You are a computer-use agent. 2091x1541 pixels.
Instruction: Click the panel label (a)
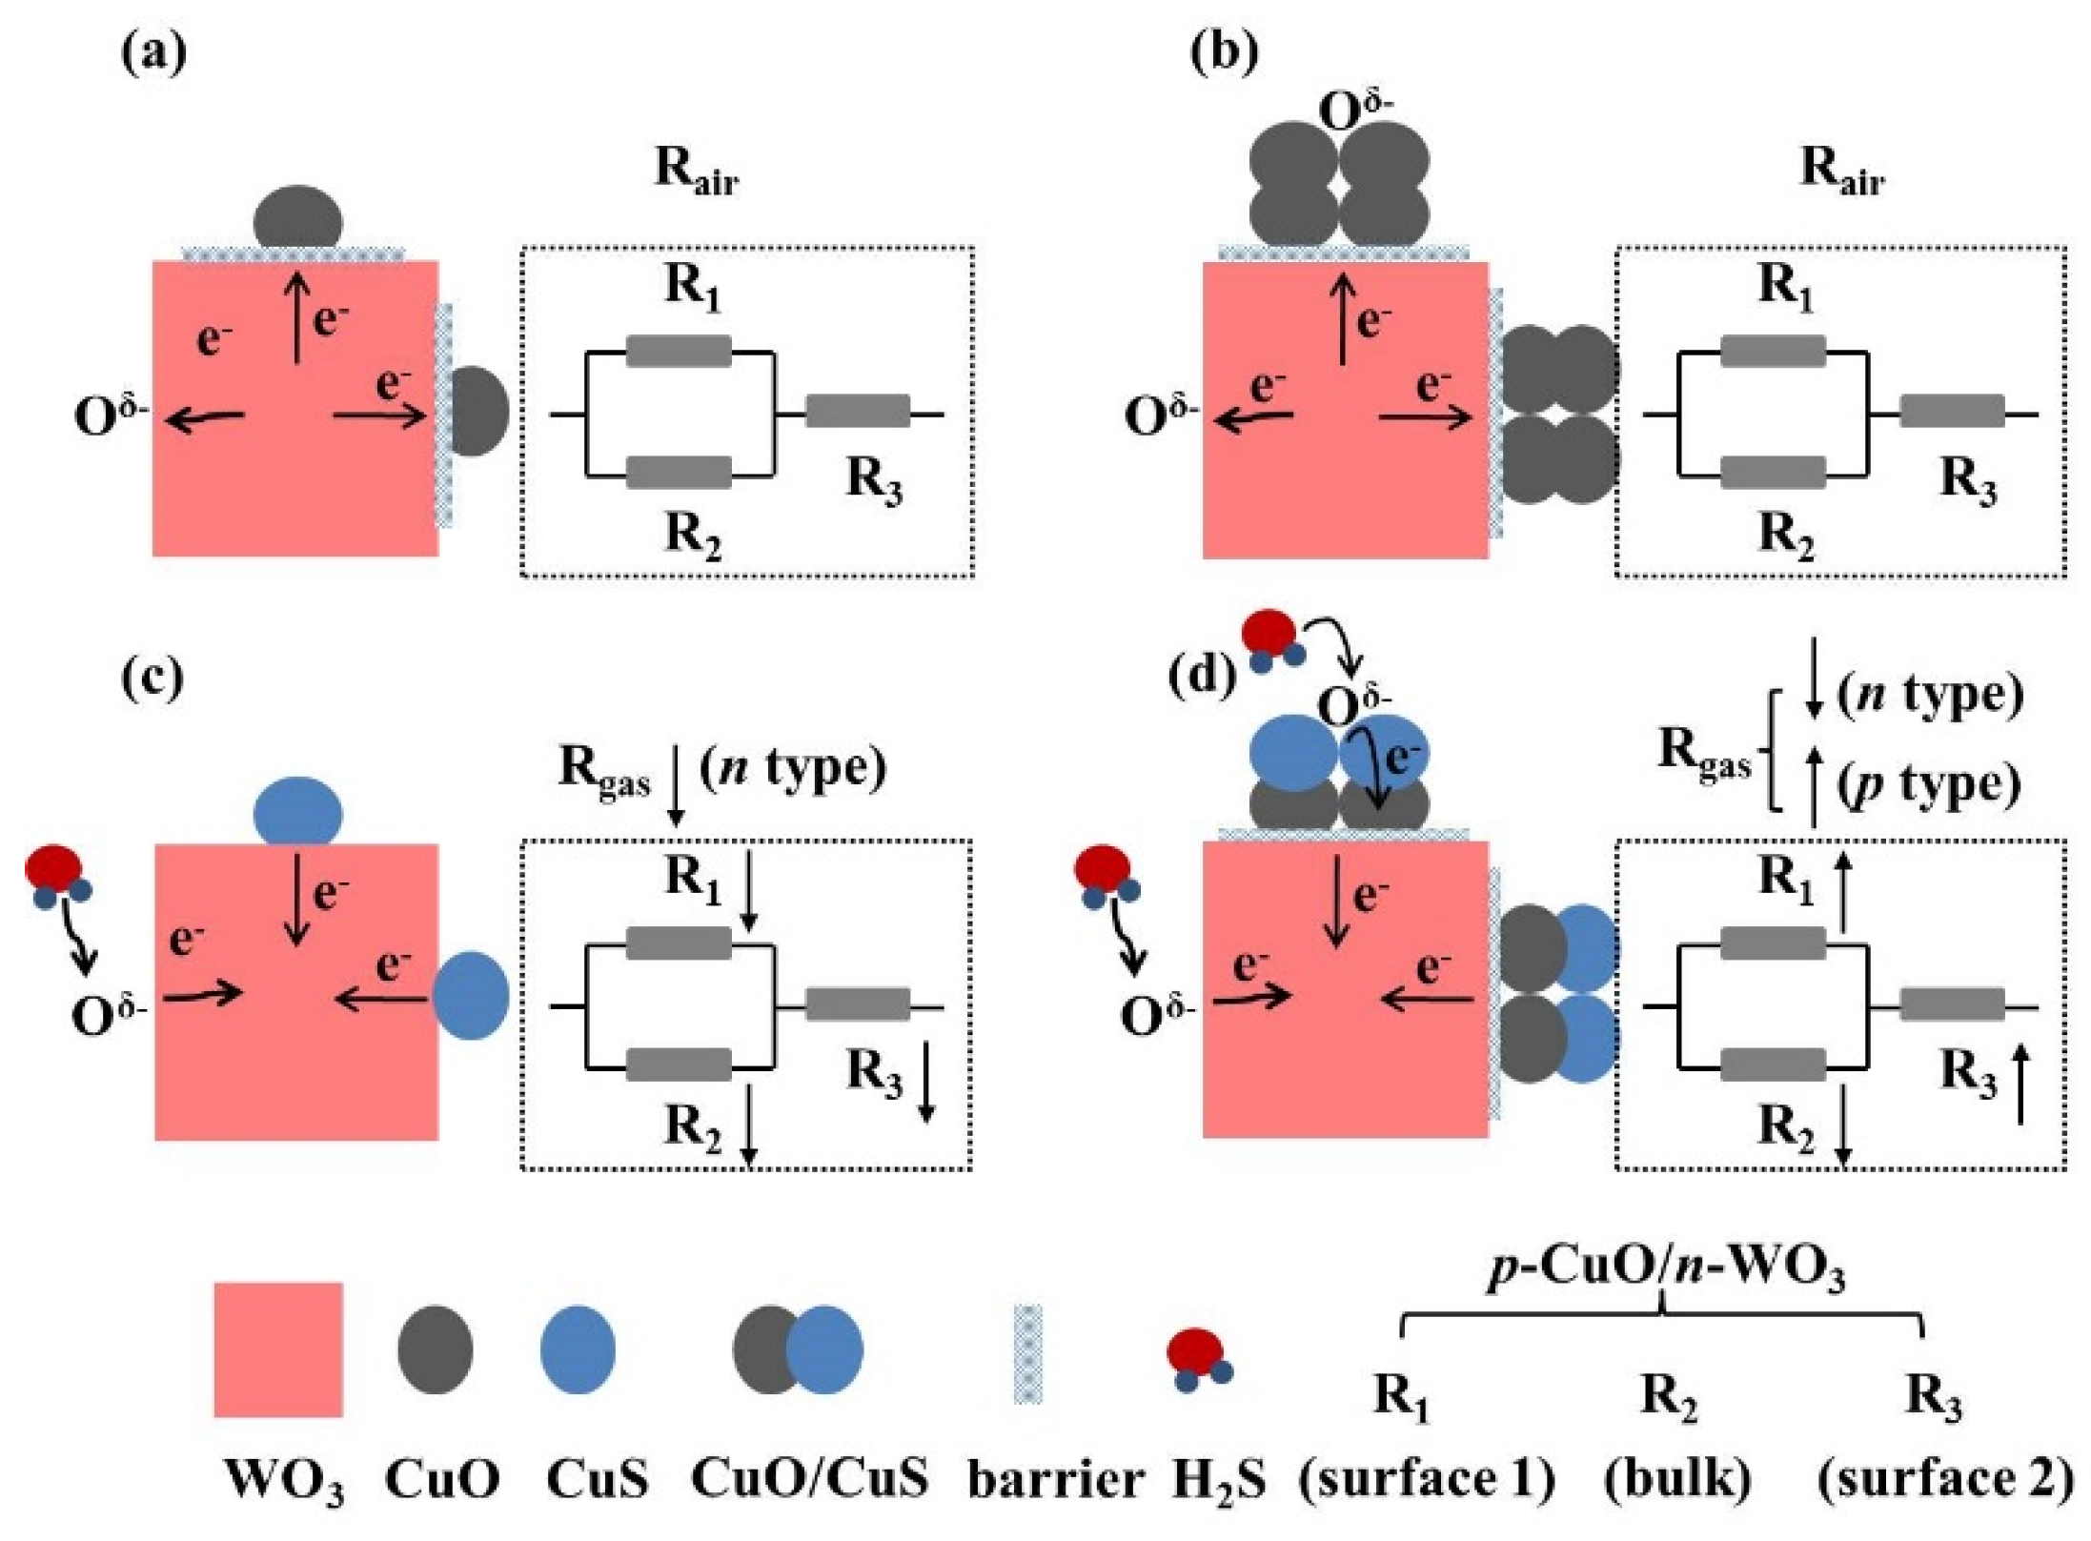tap(153, 53)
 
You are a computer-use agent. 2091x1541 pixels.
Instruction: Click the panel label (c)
tap(152, 678)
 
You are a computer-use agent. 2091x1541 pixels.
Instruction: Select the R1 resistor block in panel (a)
tap(679, 351)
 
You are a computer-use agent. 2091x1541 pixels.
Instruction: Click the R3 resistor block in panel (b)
tap(1952, 412)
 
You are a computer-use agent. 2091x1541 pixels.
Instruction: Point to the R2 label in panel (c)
tap(694, 1125)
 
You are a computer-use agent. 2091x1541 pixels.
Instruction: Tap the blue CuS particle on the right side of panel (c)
tap(471, 996)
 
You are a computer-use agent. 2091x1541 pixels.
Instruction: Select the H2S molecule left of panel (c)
tap(57, 875)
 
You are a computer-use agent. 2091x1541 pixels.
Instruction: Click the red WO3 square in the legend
tap(277, 1349)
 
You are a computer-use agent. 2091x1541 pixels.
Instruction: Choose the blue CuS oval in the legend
tap(578, 1349)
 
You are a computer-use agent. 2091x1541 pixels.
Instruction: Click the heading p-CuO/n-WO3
tap(1666, 1270)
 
